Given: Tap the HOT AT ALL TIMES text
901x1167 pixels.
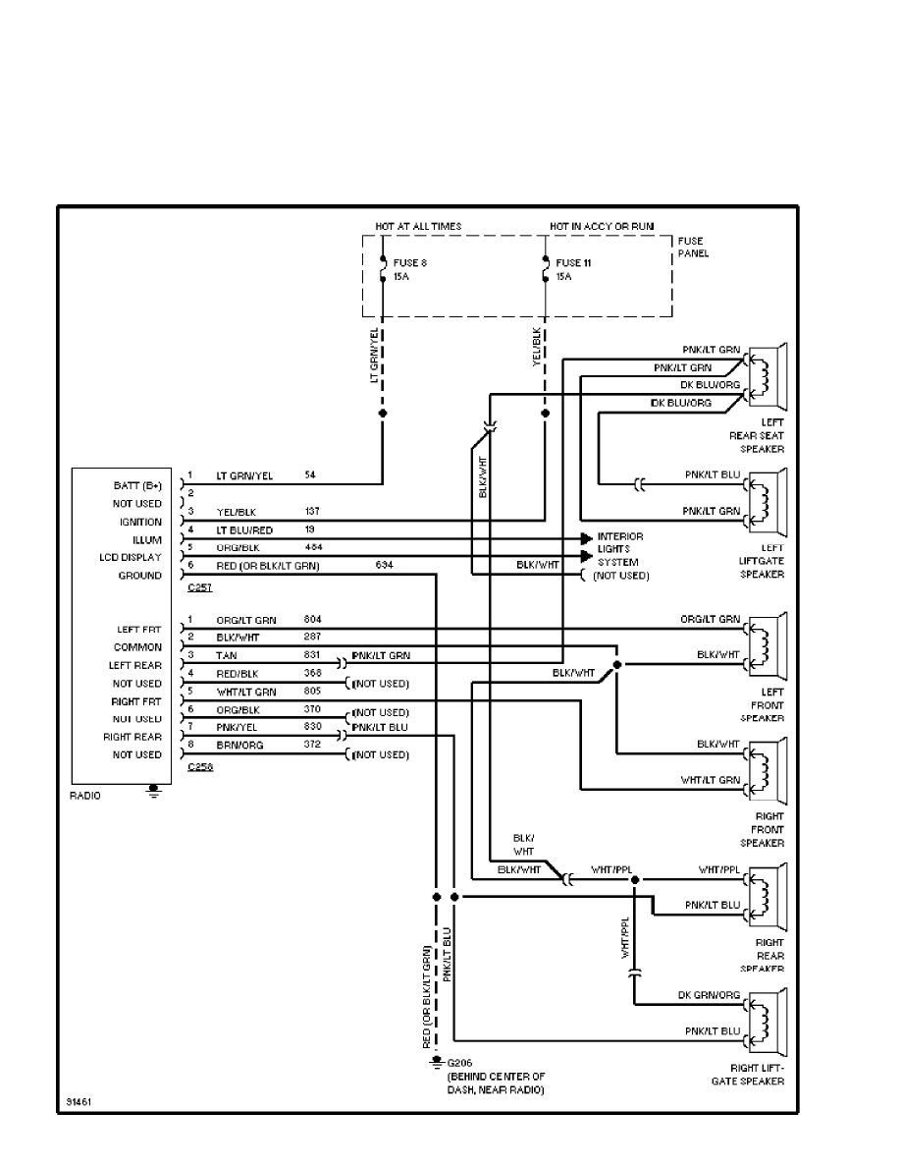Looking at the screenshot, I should [418, 226].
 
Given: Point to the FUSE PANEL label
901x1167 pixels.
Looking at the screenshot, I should [691, 247].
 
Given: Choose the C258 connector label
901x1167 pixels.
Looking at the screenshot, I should [199, 766].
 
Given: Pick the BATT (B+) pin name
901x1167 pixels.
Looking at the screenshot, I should [138, 486].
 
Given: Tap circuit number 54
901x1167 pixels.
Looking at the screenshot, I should [310, 475].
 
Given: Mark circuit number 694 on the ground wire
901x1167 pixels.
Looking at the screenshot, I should [384, 566].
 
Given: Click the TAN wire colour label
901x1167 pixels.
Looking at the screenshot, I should [226, 654].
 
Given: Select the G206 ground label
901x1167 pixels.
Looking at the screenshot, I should [459, 1063].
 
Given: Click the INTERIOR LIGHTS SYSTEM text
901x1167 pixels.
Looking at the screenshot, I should [619, 549].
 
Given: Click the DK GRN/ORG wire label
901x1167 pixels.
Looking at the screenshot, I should [709, 995].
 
